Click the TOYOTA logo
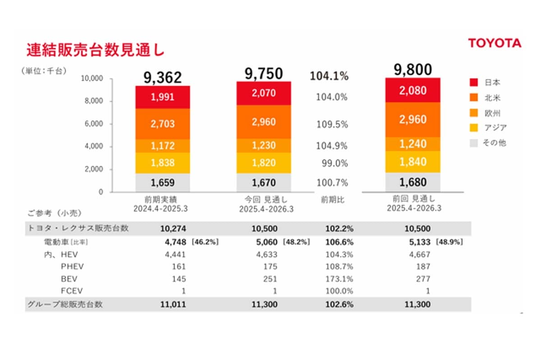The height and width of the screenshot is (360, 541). coord(494,43)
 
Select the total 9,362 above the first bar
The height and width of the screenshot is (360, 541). coord(163,77)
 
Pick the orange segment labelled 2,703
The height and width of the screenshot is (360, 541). coord(163,124)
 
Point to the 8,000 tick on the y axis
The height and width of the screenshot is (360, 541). coord(94,101)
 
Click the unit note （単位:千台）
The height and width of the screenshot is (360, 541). coord(43,71)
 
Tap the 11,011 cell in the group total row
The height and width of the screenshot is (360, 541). coord(173,304)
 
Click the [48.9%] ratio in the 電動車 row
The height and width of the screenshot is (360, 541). coord(449,242)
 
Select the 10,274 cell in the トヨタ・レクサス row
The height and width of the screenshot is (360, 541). coord(173,228)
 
